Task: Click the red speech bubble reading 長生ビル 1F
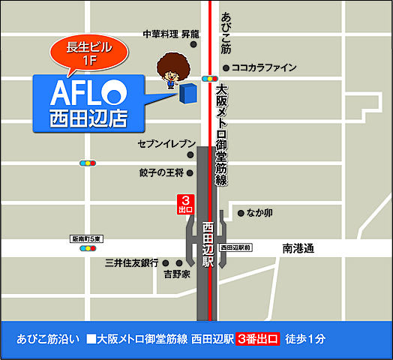[88, 54]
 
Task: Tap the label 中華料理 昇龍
[171, 34]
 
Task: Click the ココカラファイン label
[264, 67]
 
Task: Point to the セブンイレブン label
[166, 143]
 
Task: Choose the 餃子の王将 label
[161, 173]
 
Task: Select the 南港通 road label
[298, 247]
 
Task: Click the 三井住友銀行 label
[131, 262]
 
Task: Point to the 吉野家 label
[177, 275]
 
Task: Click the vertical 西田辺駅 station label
[208, 244]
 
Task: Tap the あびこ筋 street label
[226, 34]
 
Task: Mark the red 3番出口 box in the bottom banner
[257, 339]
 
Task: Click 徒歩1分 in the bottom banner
[306, 339]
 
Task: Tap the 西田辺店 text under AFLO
[88, 118]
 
